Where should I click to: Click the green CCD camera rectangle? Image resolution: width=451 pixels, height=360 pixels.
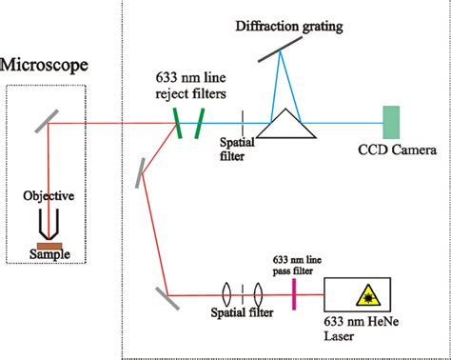point(391,122)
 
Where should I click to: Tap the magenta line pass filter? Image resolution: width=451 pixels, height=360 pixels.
point(293,294)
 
